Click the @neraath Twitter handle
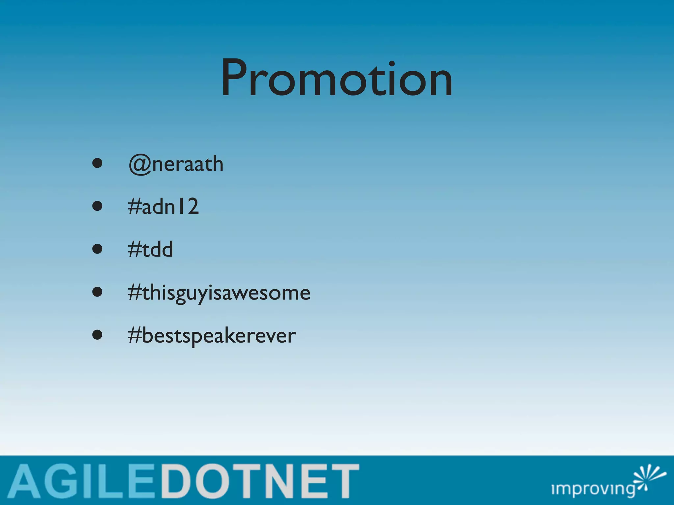176,164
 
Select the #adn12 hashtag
164,206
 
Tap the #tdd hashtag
150,249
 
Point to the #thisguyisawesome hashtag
219,293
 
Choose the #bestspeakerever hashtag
212,336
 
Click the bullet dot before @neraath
97,163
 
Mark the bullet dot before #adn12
97,206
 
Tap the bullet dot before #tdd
97,249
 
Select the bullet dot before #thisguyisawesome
97,292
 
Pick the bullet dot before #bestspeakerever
97,335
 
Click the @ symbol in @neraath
140,164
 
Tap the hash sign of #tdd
134,249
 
